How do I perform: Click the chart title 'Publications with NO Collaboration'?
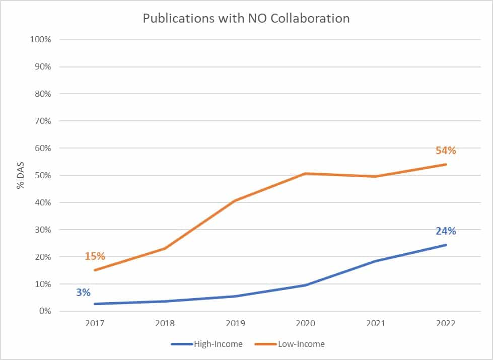tap(246, 19)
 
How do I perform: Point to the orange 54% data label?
tap(446, 150)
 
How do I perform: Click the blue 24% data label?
tap(446, 231)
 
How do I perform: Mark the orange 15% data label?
tap(95, 256)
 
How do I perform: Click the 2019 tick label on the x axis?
tap(235, 324)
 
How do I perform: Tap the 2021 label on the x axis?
tap(376, 324)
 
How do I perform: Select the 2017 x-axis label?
tap(95, 324)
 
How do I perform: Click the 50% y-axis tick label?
tap(43, 175)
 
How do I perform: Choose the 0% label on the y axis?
tap(45, 311)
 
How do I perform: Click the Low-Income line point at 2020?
tap(306, 174)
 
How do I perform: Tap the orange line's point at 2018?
tap(165, 248)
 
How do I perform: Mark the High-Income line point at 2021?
tap(376, 261)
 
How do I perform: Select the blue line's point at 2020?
tap(306, 285)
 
